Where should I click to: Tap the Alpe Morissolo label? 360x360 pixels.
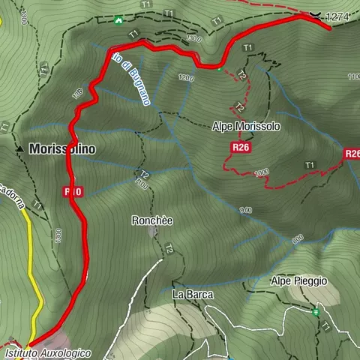tap(247, 127)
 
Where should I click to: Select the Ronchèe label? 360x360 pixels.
tap(152, 220)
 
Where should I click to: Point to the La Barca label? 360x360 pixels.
tap(193, 294)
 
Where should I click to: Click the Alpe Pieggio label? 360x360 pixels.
tap(299, 280)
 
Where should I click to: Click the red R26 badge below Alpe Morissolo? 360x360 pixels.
tap(241, 148)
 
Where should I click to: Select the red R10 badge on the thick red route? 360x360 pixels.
tap(73, 192)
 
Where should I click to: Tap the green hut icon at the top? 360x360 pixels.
tap(118, 20)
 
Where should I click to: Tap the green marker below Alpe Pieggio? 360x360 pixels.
tap(316, 312)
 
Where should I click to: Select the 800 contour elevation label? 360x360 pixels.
tap(298, 239)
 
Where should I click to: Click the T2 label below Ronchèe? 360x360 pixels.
tap(170, 248)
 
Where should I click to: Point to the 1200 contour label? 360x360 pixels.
tap(187, 78)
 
